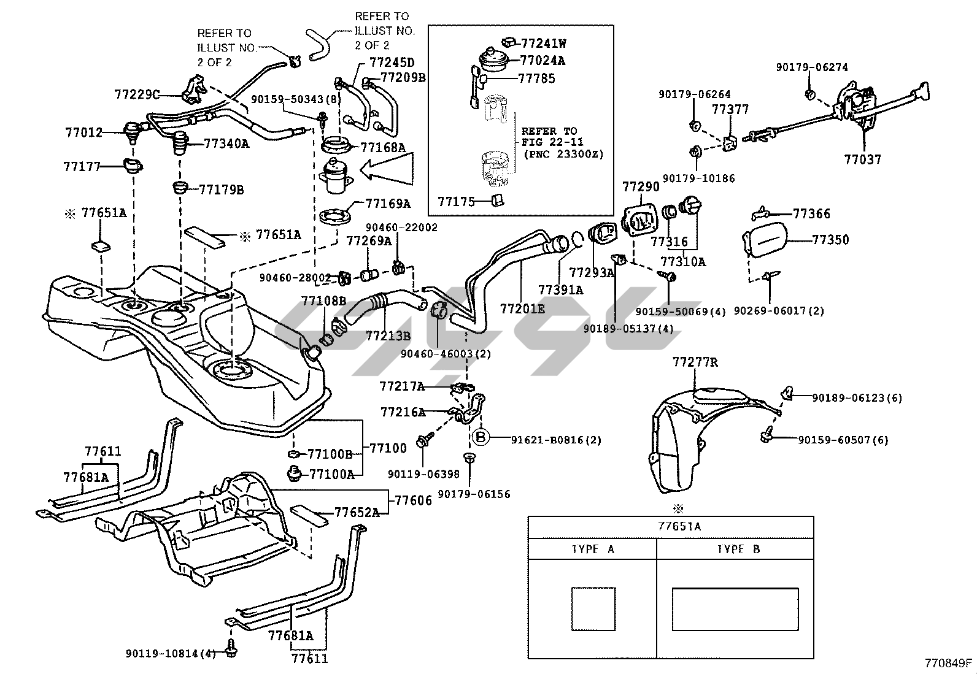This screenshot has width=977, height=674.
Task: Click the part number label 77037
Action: [862, 159]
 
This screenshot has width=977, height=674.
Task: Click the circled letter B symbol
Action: [481, 438]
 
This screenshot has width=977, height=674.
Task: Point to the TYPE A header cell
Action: [592, 549]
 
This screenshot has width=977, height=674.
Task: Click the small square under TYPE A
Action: [593, 608]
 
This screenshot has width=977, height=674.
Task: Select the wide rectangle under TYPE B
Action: [735, 608]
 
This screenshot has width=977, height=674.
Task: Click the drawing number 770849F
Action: [949, 663]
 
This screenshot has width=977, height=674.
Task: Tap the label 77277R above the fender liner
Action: [695, 362]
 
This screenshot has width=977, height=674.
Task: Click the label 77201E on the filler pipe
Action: [522, 308]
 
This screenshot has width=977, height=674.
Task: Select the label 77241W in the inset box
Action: [543, 44]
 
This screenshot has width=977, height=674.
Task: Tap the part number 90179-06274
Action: [812, 67]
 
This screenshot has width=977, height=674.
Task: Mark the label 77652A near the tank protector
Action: [357, 512]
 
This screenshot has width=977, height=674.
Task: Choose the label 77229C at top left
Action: [137, 94]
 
